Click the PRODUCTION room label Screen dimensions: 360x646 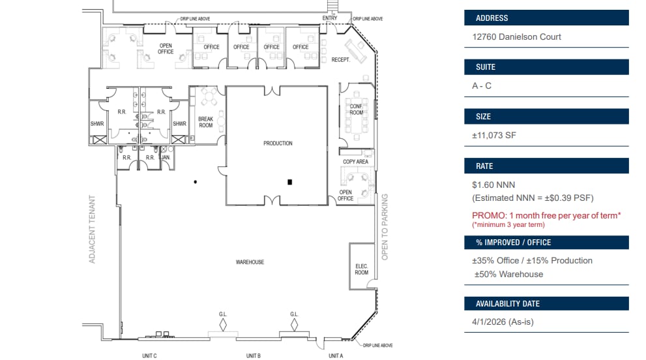[x=278, y=143]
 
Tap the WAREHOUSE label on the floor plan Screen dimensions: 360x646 [x=250, y=262]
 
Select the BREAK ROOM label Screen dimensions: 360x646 [x=206, y=122]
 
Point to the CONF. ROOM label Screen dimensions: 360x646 [x=356, y=110]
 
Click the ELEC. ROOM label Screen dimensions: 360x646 [x=361, y=269]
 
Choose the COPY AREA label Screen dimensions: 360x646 [x=356, y=162]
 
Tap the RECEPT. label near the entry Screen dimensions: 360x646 [x=341, y=60]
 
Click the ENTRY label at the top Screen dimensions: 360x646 [x=330, y=18]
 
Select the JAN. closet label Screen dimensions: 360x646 [x=166, y=158]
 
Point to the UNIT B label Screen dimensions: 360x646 [x=254, y=355]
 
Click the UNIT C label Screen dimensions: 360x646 [x=149, y=355]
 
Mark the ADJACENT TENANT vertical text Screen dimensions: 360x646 [x=93, y=230]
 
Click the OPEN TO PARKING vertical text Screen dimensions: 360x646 [x=385, y=227]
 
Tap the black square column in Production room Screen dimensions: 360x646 [x=289, y=181]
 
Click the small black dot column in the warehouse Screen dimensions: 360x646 [x=195, y=181]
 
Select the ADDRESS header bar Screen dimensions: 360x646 [x=546, y=18]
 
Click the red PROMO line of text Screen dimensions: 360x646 [x=546, y=215]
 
